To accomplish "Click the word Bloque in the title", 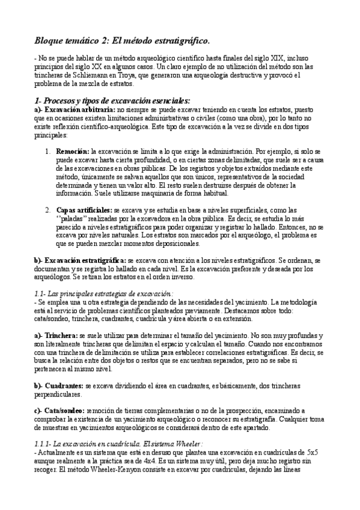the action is (50, 41).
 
